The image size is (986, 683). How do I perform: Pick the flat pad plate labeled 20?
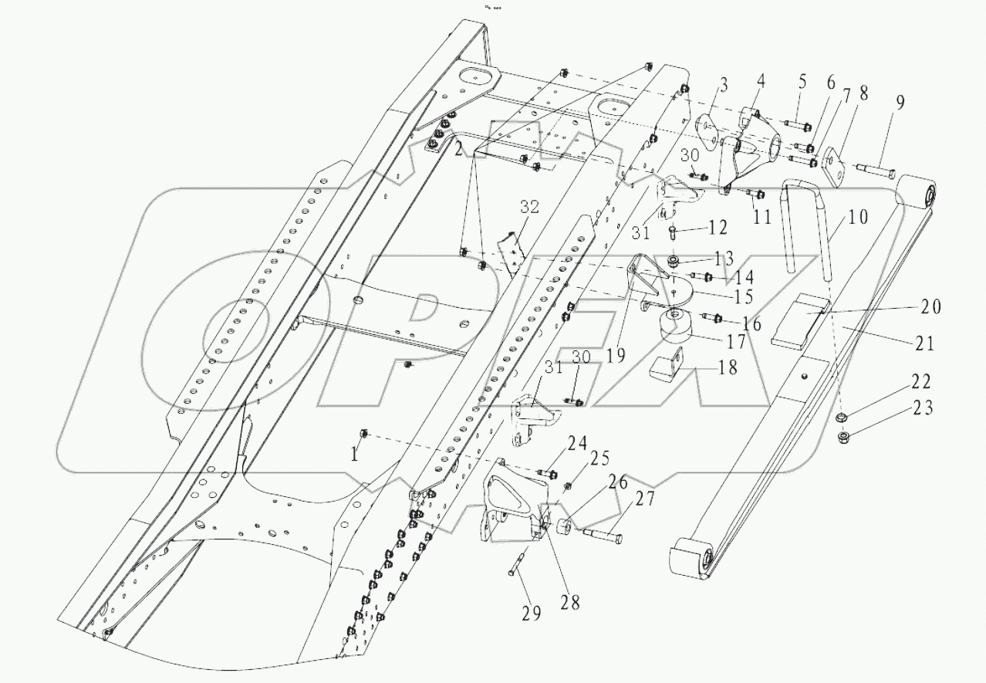(807, 317)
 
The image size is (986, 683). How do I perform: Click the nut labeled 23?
(845, 439)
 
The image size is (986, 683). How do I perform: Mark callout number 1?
(355, 455)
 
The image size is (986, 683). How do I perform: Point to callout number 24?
(576, 443)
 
